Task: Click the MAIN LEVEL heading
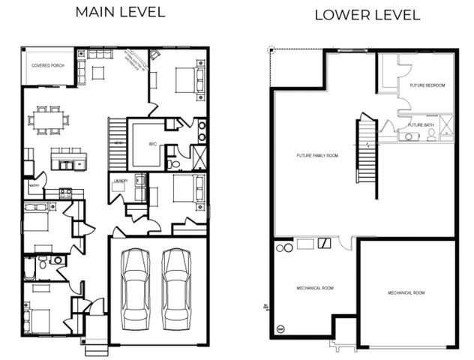tap(121, 13)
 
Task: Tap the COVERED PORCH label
tap(47, 66)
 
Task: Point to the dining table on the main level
tap(49, 120)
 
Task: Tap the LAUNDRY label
tap(121, 181)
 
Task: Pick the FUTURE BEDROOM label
tap(427, 85)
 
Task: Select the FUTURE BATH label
tap(421, 124)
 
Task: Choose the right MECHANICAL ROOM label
tap(406, 292)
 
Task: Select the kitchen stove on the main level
tap(65, 193)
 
